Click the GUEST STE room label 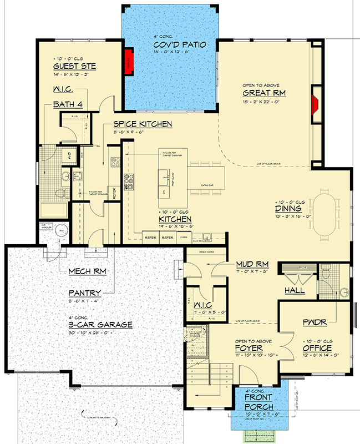point(75,66)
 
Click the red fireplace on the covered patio point(129,59)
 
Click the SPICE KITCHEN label point(143,124)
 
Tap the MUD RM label point(252,264)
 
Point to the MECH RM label point(88,271)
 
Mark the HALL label point(294,290)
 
